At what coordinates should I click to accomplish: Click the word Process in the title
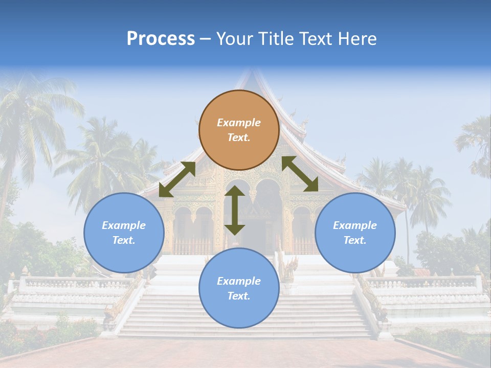tap(161, 39)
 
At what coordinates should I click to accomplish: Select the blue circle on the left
tap(124, 233)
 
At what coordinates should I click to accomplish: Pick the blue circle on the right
tap(355, 233)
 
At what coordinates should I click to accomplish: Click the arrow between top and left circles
tap(177, 179)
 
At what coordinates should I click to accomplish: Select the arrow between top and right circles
tap(300, 174)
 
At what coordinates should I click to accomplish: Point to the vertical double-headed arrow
tap(235, 210)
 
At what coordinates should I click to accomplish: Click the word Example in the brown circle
tap(239, 123)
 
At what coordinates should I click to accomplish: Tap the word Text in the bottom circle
tap(238, 296)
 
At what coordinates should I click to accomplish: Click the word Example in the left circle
tap(124, 225)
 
